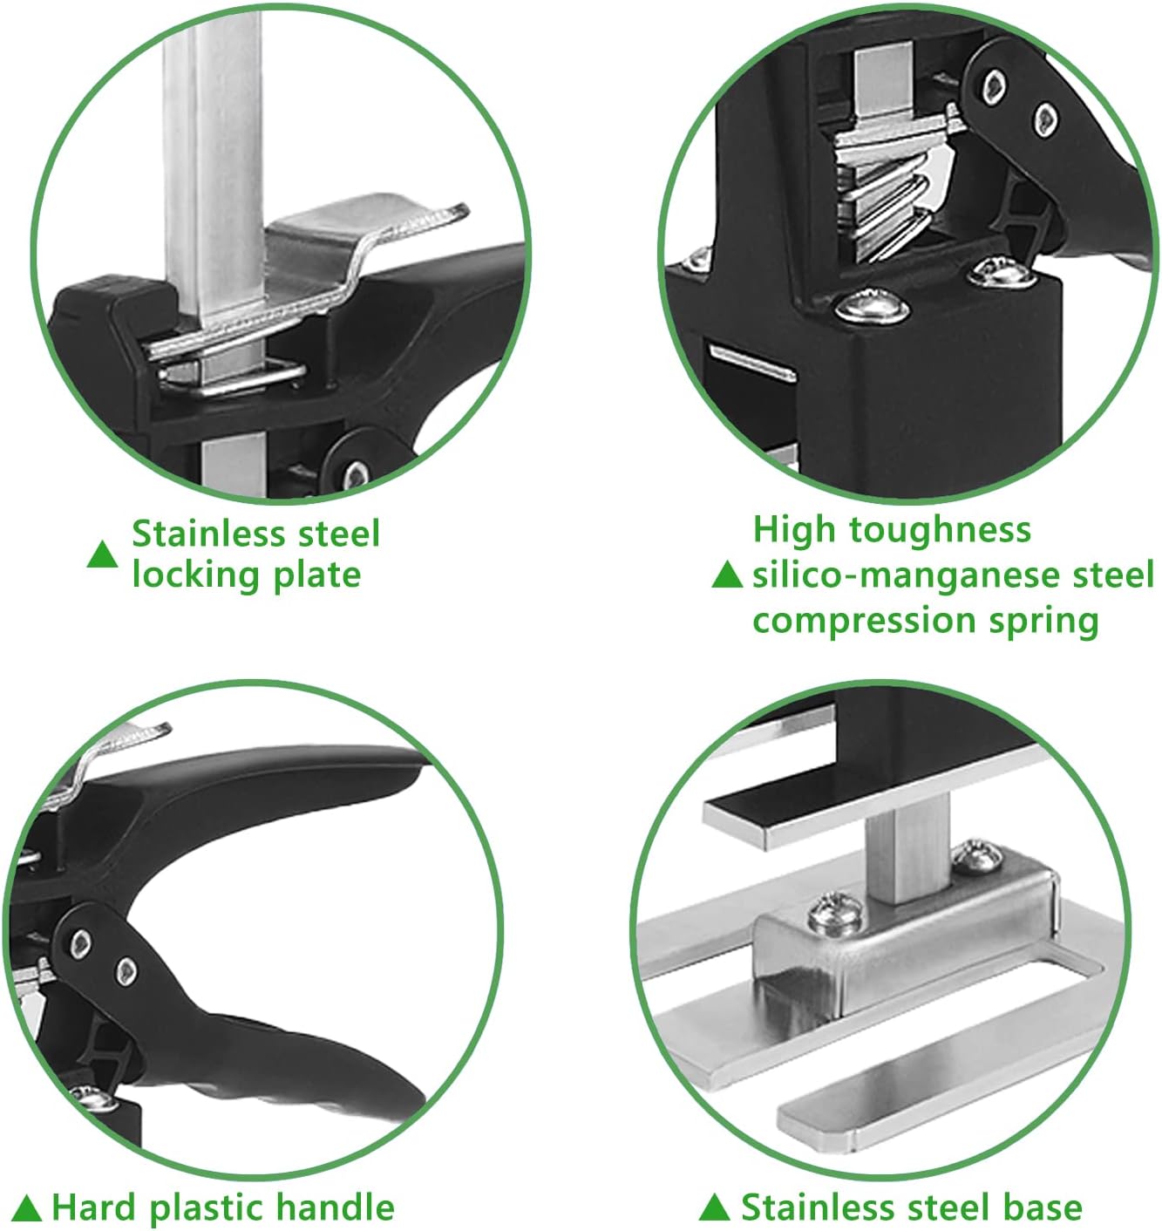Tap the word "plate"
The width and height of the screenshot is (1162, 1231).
(316, 576)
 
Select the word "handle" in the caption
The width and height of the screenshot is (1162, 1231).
(335, 1208)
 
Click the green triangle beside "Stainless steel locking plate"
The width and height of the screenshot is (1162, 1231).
(102, 554)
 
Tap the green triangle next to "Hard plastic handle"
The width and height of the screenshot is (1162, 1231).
(27, 1209)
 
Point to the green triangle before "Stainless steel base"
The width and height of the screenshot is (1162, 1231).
(714, 1209)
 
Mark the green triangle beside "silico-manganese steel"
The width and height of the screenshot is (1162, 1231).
(726, 575)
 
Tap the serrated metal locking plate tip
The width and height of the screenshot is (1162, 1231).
(436, 218)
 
